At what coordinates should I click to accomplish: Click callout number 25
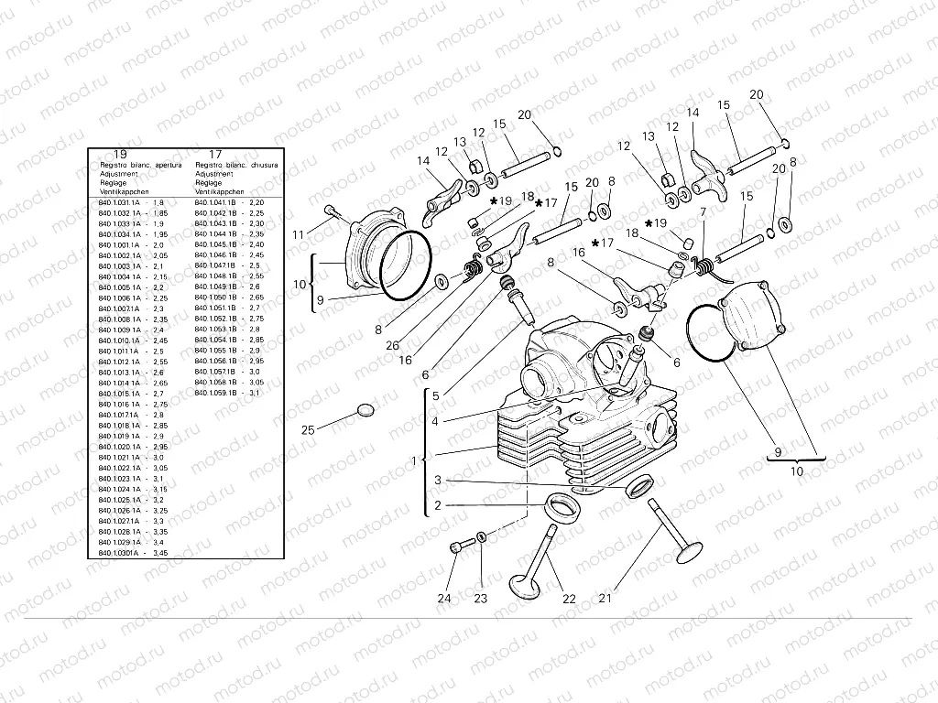(x=308, y=429)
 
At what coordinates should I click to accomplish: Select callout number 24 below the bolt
(x=444, y=600)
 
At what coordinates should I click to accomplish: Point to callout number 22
(x=569, y=600)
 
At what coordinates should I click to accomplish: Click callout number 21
(x=605, y=600)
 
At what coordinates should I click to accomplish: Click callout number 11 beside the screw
(x=298, y=235)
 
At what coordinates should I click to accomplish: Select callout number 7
(x=703, y=212)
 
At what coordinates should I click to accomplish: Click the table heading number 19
(x=120, y=154)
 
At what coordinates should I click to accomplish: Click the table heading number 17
(x=215, y=154)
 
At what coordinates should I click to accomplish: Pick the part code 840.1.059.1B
(x=216, y=393)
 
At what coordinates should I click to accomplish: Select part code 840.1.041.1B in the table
(x=216, y=202)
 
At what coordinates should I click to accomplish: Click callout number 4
(x=436, y=421)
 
